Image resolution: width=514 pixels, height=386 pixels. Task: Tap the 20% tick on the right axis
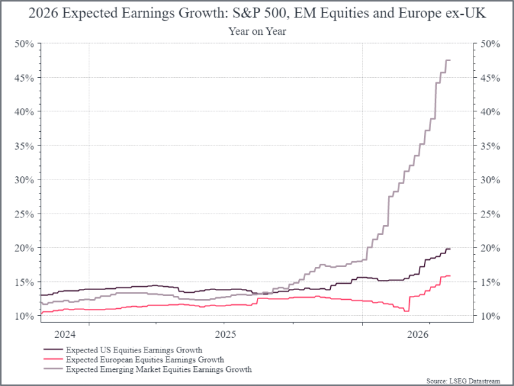click(x=486, y=248)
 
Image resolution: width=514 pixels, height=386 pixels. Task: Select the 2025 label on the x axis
click(x=225, y=334)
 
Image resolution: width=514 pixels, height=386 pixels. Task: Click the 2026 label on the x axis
click(x=419, y=334)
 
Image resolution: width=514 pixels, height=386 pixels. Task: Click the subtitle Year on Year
click(x=257, y=32)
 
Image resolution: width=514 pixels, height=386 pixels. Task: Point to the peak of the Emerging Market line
click(x=448, y=60)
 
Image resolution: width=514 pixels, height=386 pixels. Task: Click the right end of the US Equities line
click(x=450, y=249)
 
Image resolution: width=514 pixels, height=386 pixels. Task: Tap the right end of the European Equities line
click(x=450, y=276)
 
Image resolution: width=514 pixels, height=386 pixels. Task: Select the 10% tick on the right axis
click(x=486, y=316)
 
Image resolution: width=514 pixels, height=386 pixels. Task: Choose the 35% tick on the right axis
click(x=486, y=145)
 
